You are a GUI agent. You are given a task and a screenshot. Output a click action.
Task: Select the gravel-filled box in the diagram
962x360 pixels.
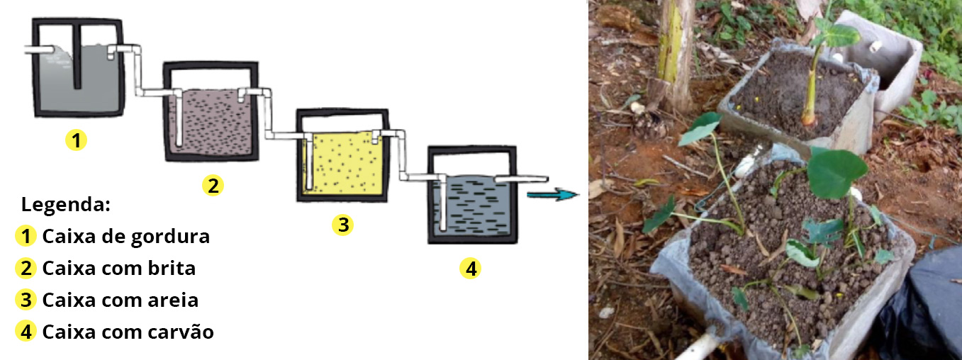209,113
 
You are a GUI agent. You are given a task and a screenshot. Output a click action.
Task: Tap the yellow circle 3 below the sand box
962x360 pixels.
342,225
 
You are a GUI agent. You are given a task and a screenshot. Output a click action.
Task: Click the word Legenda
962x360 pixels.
65,206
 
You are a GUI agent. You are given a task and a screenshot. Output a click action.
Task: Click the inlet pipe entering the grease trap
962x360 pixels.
39,50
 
